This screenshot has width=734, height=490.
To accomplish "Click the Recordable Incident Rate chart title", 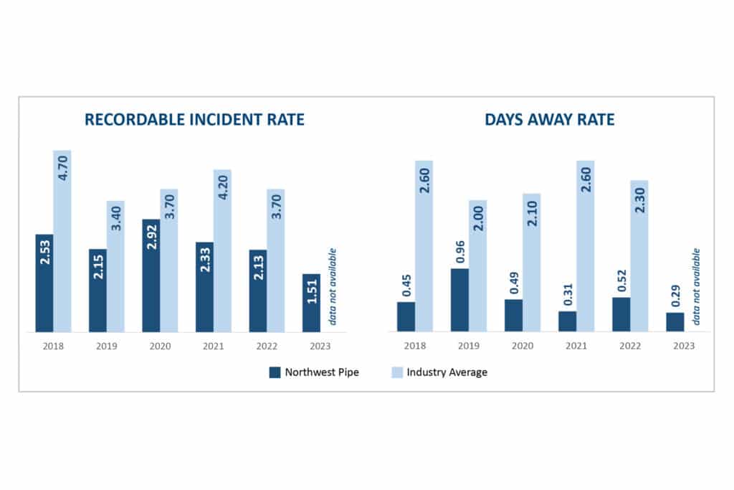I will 194,120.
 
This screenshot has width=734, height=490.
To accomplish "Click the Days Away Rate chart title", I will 550,120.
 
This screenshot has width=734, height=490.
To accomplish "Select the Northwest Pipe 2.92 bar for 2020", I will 151,275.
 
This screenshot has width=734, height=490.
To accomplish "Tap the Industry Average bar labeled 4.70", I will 62,241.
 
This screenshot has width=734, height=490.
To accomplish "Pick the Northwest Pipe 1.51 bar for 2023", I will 311,303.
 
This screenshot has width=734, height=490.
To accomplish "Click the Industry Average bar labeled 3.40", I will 115,266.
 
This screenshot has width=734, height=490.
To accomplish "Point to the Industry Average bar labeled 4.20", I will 222,250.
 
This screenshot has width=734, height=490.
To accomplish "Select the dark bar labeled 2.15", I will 97,291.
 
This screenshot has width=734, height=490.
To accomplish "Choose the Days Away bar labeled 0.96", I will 459,300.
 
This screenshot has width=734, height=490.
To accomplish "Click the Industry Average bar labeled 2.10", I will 531,262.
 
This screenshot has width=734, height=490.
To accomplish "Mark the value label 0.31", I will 567,293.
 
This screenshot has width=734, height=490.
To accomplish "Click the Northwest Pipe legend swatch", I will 275,372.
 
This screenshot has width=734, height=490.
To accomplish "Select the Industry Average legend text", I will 447,372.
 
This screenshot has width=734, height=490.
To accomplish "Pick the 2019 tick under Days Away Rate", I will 469,346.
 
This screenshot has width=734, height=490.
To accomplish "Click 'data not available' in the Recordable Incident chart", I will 332,286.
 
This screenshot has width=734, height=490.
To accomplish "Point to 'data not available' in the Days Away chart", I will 695,286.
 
